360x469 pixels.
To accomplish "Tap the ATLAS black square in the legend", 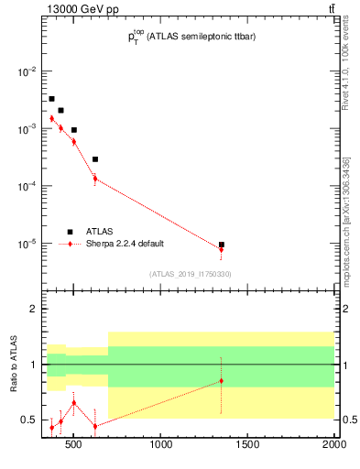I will pyautogui.click(x=70, y=232).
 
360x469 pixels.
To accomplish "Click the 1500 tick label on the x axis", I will pyautogui.click(x=248, y=446).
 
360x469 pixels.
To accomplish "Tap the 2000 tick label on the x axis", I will pyautogui.click(x=333, y=446).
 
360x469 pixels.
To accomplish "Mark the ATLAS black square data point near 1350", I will pyautogui.click(x=222, y=245).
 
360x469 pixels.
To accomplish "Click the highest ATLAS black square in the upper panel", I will pyautogui.click(x=51, y=98).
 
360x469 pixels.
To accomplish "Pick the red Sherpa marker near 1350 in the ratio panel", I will pyautogui.click(x=222, y=380).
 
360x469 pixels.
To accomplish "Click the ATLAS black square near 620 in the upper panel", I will pyautogui.click(x=95, y=159).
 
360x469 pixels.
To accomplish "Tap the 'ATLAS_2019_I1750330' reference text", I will pyautogui.click(x=191, y=274).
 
